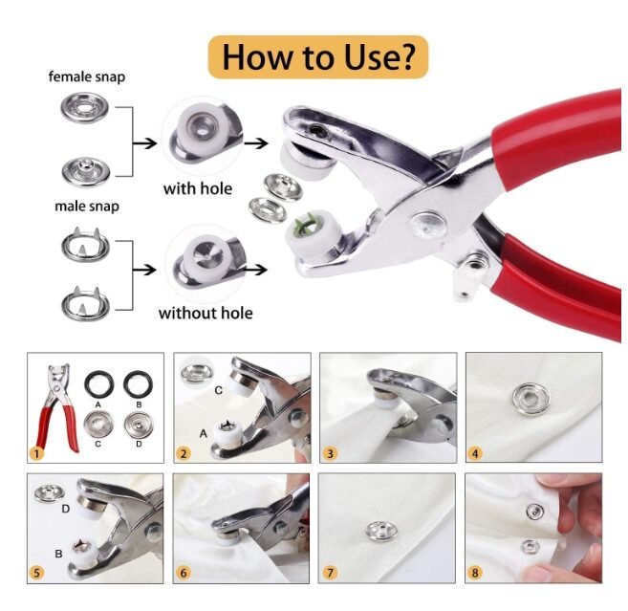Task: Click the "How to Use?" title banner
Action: coord(318,57)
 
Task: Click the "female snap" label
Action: coord(87,76)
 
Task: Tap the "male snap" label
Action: coord(87,207)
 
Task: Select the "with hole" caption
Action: coord(198,188)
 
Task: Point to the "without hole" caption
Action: coord(206,314)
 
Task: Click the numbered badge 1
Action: coord(36,454)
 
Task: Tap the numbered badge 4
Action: coord(475,454)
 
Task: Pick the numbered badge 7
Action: coord(330,573)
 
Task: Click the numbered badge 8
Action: coord(475,573)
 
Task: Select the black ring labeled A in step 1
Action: coord(98,375)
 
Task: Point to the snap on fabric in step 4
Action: coord(530,399)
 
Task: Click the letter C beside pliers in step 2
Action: coord(218,390)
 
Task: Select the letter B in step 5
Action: coord(58,554)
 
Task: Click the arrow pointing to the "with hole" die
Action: coord(144,143)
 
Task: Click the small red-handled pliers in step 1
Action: coord(57,408)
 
